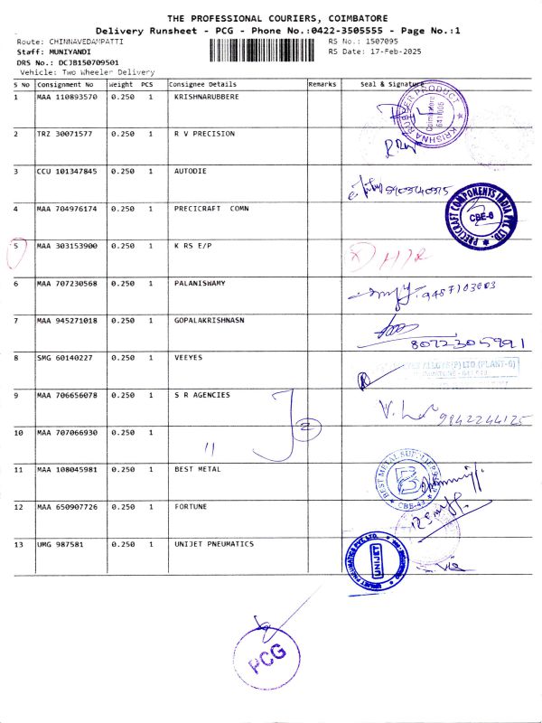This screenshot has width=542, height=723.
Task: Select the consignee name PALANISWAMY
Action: pos(200,284)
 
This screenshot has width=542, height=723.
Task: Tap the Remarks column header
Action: pos(322,84)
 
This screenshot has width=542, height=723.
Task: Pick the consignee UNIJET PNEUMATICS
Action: pos(214,544)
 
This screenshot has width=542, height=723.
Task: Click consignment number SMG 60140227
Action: pos(64,358)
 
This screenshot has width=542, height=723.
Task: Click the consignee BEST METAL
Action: pos(198,470)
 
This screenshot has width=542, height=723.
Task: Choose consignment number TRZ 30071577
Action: pos(64,134)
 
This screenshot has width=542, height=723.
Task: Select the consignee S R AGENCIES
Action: pos(202,395)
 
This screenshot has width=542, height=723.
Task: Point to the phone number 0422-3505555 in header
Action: pos(352,31)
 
